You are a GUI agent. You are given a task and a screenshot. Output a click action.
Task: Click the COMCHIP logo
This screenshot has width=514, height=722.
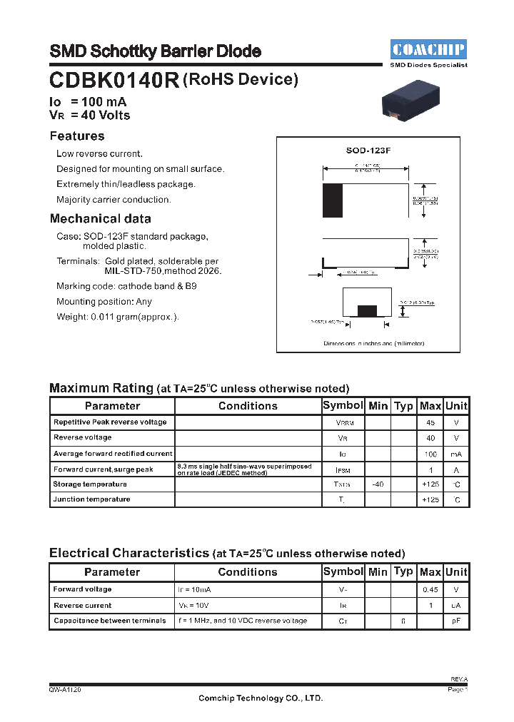coord(428,49)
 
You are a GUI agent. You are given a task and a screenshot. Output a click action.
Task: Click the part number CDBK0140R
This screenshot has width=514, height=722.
coord(114,80)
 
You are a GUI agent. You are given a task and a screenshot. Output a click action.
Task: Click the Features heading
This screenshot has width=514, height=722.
coord(77,136)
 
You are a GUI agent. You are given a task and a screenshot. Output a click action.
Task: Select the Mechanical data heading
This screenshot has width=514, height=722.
coord(101,218)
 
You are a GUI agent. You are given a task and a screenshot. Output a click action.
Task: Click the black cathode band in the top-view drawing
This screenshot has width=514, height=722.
coord(332,200)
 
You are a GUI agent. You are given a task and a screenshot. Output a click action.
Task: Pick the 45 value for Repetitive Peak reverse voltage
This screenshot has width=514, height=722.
coord(430,422)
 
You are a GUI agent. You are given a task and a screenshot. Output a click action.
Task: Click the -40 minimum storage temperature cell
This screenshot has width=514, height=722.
coord(378,484)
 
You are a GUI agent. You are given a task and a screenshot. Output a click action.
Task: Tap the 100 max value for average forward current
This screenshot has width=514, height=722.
coord(430,454)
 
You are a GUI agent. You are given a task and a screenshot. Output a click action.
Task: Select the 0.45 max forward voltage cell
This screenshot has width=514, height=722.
coord(430,590)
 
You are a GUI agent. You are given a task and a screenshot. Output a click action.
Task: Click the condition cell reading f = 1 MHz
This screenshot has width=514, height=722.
coord(243,621)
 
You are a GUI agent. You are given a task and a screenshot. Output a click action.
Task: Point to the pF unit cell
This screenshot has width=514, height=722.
coord(456,621)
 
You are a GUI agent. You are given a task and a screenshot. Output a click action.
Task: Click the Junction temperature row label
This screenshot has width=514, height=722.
coord(91,499)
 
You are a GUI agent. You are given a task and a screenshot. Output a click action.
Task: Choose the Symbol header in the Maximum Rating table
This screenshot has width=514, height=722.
coord(343,405)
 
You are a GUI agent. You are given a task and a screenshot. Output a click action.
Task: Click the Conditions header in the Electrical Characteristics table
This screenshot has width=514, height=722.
coord(248,572)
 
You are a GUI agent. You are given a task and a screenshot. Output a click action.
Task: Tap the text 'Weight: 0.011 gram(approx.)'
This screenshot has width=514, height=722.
coord(118,317)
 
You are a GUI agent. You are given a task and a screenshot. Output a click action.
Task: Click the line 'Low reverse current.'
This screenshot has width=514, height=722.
coord(100,153)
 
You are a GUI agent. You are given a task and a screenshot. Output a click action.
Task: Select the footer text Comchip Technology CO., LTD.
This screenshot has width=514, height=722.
coord(260,698)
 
